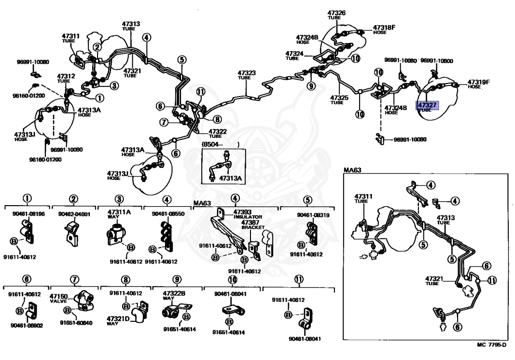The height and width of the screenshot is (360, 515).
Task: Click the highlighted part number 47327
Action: click(427, 104)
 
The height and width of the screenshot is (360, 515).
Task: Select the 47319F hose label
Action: click(478, 81)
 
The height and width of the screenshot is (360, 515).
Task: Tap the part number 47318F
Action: click(384, 27)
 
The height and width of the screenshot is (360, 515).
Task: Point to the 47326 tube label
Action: click(336, 13)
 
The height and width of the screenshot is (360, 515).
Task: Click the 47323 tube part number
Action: click(247, 73)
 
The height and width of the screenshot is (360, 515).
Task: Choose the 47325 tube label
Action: click(339, 97)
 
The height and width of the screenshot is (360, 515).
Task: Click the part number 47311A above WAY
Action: click(119, 212)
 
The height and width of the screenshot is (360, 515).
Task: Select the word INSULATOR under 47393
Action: click(248, 217)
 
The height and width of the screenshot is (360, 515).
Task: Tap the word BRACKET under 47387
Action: click(252, 227)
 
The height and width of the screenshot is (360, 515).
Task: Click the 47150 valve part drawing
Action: click(81, 300)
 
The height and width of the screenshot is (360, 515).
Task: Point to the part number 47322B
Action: click(174, 293)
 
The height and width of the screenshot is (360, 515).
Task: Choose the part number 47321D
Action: click(118, 319)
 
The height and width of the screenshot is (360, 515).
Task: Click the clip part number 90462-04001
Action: click(74, 214)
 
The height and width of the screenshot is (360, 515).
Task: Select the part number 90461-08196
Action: click(29, 214)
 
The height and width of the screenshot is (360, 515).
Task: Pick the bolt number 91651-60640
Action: click(76, 323)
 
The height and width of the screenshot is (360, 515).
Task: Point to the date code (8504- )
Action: click(220, 145)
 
